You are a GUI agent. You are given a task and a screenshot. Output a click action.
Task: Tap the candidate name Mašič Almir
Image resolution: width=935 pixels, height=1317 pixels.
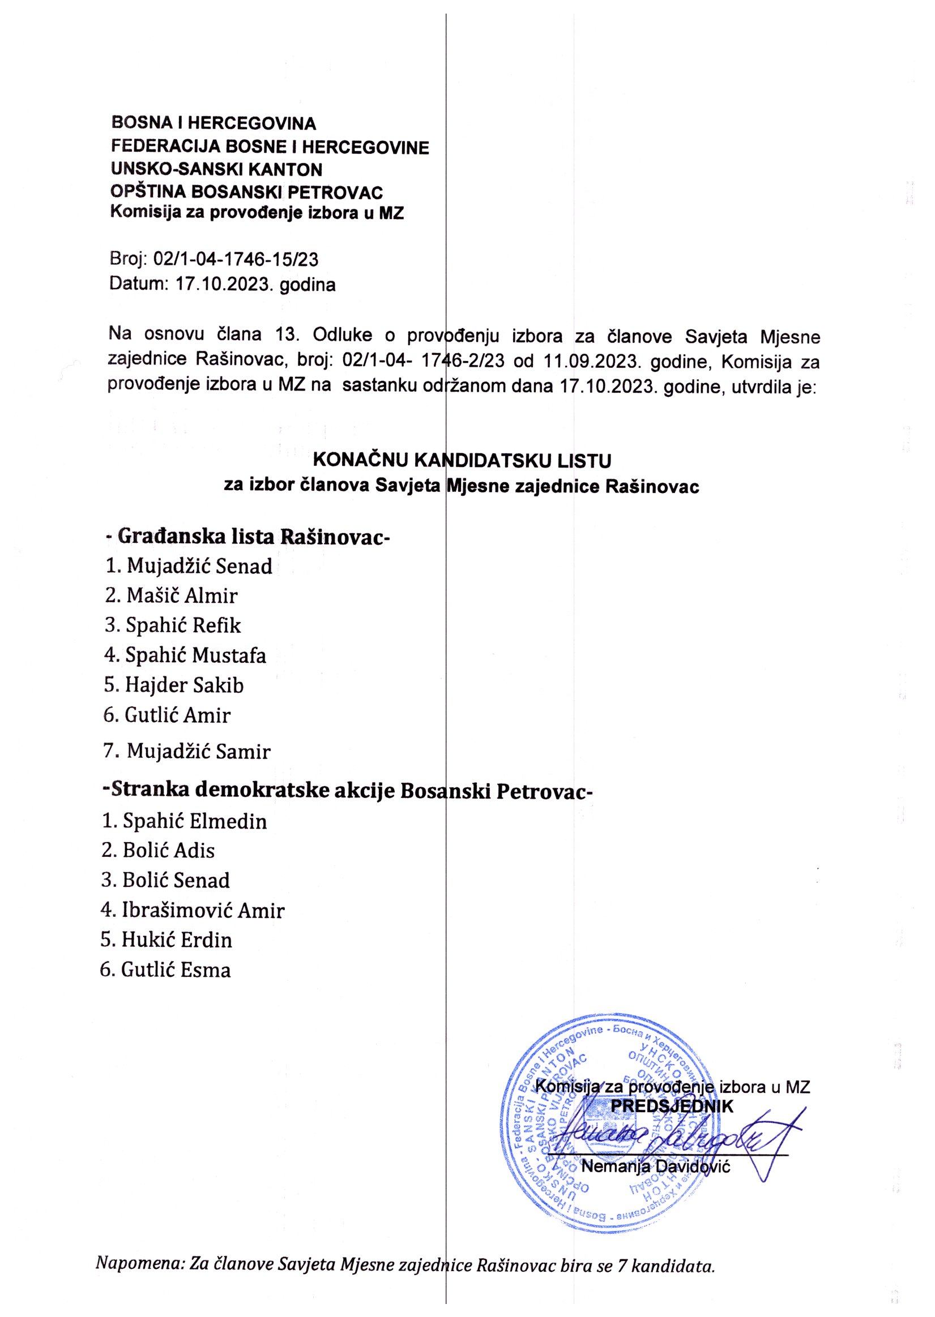click(171, 595)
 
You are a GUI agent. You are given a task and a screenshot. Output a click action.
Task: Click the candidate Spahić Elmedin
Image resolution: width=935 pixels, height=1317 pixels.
click(184, 821)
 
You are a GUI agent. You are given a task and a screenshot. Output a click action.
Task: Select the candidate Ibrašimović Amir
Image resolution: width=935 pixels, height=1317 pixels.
click(193, 911)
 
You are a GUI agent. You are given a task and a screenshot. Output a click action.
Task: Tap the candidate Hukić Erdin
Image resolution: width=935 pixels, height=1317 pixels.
click(166, 941)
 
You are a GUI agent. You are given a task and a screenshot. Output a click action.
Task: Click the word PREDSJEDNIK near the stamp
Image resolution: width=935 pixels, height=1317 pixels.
click(672, 1106)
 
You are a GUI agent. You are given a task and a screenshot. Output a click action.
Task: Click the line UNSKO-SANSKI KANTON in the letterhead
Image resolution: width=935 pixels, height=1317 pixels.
click(216, 170)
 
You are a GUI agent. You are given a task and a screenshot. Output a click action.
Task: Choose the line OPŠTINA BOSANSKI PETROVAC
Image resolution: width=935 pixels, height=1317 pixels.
click(246, 192)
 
